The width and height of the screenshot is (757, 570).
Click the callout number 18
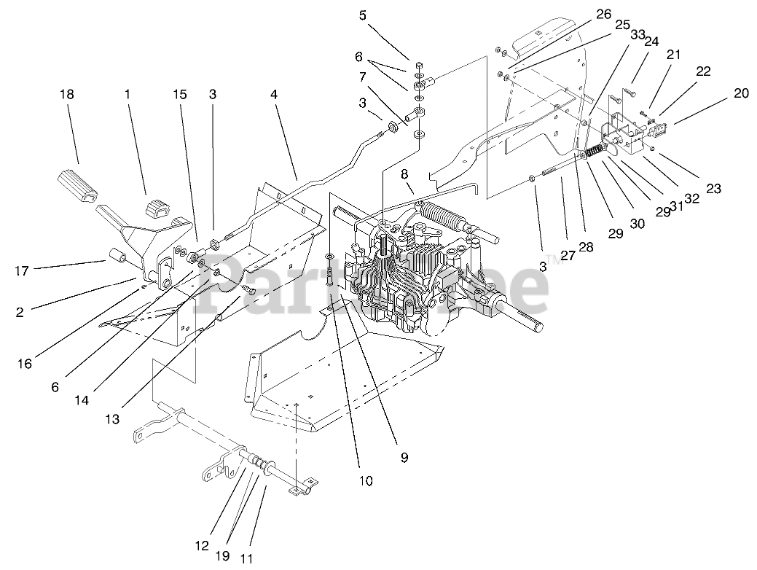pyautogui.click(x=67, y=94)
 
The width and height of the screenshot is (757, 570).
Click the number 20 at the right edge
pyautogui.click(x=740, y=93)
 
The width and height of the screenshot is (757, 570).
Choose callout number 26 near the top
pyautogui.click(x=603, y=14)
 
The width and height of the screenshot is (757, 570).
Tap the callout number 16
pyautogui.click(x=25, y=362)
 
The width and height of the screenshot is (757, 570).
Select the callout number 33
pyautogui.click(x=638, y=34)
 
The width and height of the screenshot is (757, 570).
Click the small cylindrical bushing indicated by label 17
pyautogui.click(x=119, y=257)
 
